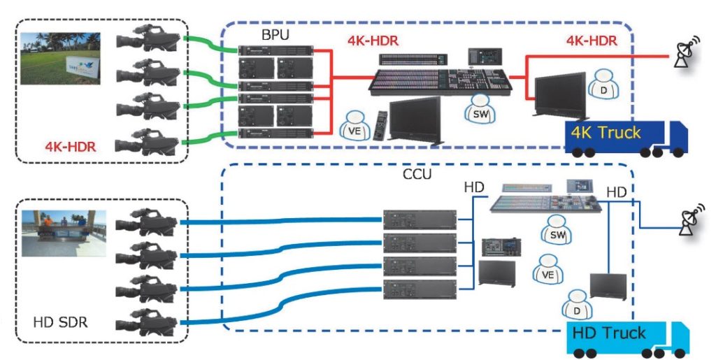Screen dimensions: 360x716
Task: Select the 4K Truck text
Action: coord(606,132)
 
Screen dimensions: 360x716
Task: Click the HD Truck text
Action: coord(609,333)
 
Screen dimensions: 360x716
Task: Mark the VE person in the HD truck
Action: coord(547,272)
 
